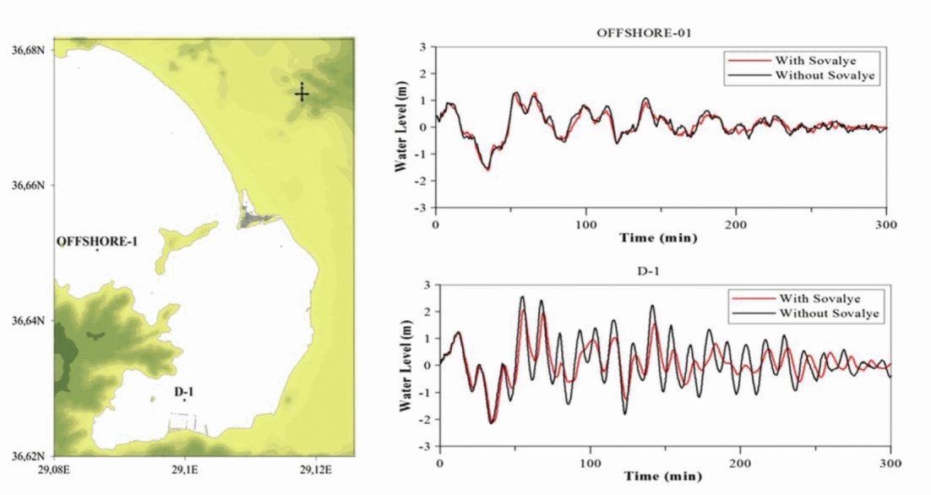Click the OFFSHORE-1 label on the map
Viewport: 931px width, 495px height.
point(97,242)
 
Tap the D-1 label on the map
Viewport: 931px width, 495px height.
point(185,391)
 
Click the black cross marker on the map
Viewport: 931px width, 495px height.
point(302,93)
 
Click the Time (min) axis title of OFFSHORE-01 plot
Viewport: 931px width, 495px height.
point(658,238)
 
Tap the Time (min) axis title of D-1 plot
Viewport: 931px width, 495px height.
point(661,477)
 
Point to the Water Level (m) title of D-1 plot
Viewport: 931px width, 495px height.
point(406,364)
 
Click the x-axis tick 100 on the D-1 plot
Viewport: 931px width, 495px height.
point(590,463)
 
